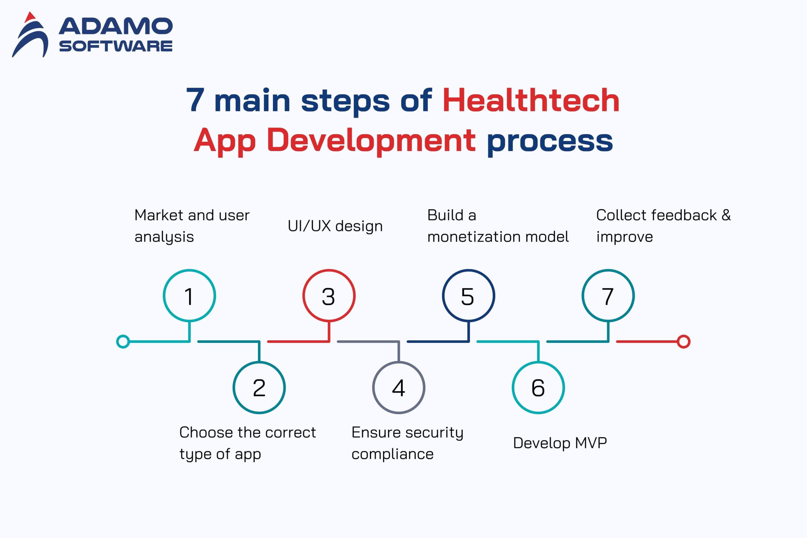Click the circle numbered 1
189,270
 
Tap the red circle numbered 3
329,270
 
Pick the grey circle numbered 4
398,362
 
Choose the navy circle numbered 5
468,270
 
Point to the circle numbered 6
538,362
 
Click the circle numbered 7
608,270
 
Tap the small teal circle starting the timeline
123,336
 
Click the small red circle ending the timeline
683,336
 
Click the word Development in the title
371,140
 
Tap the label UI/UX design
335,226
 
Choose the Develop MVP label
560,443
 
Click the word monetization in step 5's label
473,237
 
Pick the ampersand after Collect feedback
726,215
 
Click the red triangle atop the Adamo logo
30,17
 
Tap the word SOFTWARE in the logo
116,46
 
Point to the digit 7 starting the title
195,100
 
